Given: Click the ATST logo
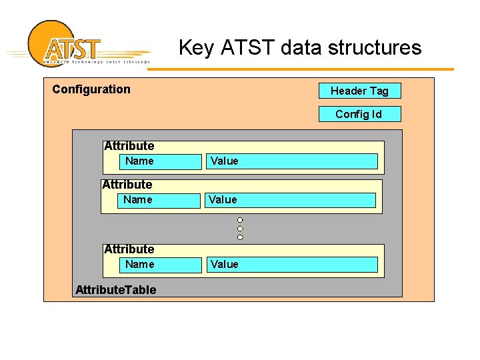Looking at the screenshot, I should [x=73, y=45].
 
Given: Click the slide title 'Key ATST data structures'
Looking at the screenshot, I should [x=300, y=48].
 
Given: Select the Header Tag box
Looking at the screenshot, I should [x=359, y=91].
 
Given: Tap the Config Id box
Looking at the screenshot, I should [x=359, y=114].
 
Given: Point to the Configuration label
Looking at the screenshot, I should [x=91, y=89].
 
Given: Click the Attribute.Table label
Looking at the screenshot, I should [x=116, y=289].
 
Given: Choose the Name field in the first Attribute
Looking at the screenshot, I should [x=139, y=161].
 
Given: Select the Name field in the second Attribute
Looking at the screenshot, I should [x=137, y=199].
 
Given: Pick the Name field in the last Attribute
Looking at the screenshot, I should [x=139, y=264].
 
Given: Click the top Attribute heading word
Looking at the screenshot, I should [x=129, y=145].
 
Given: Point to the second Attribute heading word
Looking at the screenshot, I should [x=127, y=184].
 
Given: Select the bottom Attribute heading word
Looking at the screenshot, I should [x=129, y=249].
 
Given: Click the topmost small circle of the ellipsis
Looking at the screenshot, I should [x=240, y=220].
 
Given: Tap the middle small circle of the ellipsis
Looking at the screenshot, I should [x=240, y=229].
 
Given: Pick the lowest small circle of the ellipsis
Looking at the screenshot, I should [x=240, y=237].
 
